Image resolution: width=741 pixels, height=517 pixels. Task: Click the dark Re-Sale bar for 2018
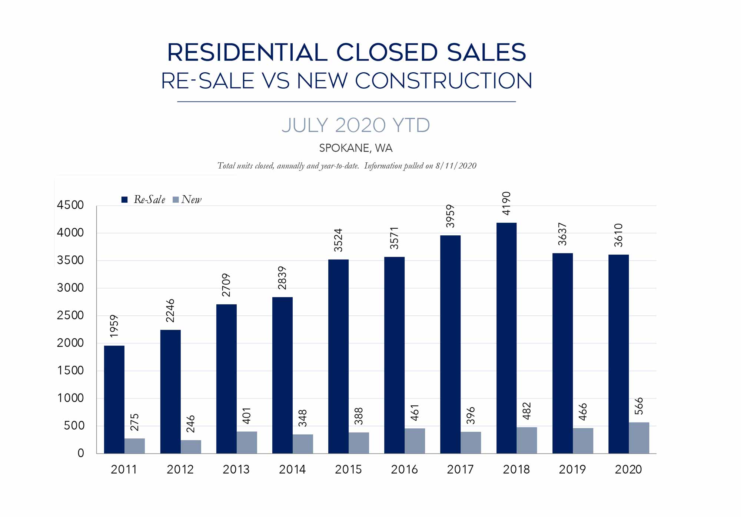click(506, 337)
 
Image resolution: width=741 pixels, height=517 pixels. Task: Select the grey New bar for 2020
click(639, 438)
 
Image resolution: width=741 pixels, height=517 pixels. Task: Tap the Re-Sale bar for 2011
click(114, 399)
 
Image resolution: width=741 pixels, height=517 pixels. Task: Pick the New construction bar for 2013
click(247, 442)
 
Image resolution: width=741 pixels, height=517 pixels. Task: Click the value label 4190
click(506, 203)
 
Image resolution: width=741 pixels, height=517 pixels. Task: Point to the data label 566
click(639, 406)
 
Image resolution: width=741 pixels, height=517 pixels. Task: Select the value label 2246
click(170, 311)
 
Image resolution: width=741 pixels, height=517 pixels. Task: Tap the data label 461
click(415, 412)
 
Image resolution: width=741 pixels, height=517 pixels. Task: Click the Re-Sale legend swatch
click(124, 200)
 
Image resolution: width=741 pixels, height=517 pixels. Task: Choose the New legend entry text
click(191, 200)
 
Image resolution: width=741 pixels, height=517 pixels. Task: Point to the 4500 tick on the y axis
click(70, 205)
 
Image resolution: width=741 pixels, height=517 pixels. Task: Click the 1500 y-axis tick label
click(70, 370)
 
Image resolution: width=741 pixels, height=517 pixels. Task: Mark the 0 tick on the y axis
click(81, 453)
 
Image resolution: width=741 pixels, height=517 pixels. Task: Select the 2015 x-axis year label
click(348, 470)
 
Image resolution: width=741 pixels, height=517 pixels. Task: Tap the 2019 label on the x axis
click(572, 470)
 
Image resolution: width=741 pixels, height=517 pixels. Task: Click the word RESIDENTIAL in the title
click(247, 52)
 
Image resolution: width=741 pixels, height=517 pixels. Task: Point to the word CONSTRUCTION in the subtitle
click(443, 81)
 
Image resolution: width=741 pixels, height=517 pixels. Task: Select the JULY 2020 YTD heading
click(356, 125)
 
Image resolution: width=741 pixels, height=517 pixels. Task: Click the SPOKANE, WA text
click(356, 148)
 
